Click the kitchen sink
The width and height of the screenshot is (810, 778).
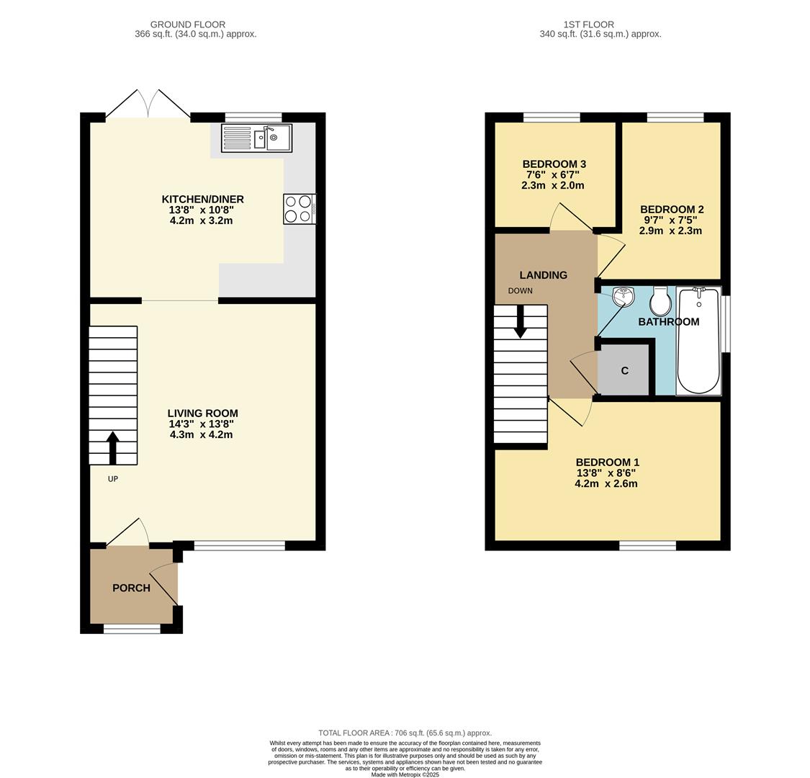click(x=257, y=138)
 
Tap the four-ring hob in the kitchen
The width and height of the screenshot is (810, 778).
click(x=299, y=210)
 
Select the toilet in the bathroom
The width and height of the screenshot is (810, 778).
click(x=660, y=303)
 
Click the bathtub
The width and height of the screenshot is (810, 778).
click(x=698, y=341)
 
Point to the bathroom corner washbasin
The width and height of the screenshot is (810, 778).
click(x=622, y=296)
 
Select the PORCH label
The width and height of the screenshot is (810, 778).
click(x=131, y=588)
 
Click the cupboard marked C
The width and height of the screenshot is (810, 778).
click(x=624, y=370)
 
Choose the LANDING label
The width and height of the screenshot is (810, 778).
click(x=544, y=274)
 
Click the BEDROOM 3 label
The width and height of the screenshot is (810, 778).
click(x=554, y=164)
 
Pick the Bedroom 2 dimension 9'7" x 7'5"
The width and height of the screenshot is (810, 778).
click(x=670, y=220)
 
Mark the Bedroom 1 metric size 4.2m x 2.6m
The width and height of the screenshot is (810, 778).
click(x=606, y=484)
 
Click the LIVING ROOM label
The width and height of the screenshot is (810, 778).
click(x=202, y=413)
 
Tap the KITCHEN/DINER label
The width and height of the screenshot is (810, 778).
click(x=202, y=199)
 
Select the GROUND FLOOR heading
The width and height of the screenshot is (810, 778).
click(x=188, y=24)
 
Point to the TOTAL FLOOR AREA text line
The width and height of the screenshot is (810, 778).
click(x=405, y=733)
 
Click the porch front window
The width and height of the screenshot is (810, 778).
click(x=132, y=629)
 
